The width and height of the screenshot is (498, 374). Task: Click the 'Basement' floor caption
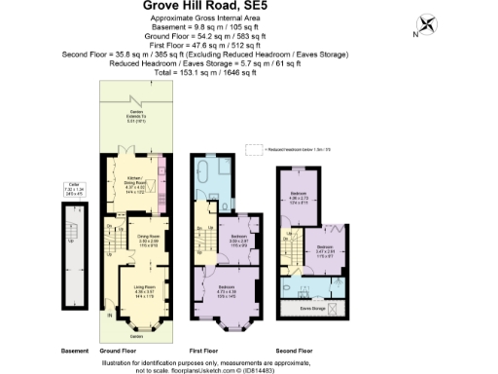coord(74,350)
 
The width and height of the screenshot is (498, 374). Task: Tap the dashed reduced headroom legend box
coord(254,149)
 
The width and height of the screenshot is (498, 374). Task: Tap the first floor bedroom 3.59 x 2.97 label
coord(237,240)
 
